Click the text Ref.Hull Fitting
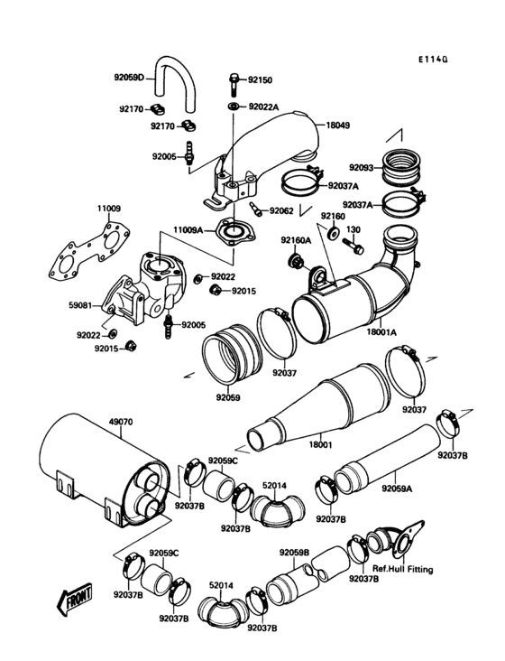pos(402,570)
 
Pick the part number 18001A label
pos(382,332)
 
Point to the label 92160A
pos(295,240)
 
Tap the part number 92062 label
pos(281,211)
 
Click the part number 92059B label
pos(295,552)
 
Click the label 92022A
pos(265,107)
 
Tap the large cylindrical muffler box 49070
pos(90,474)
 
